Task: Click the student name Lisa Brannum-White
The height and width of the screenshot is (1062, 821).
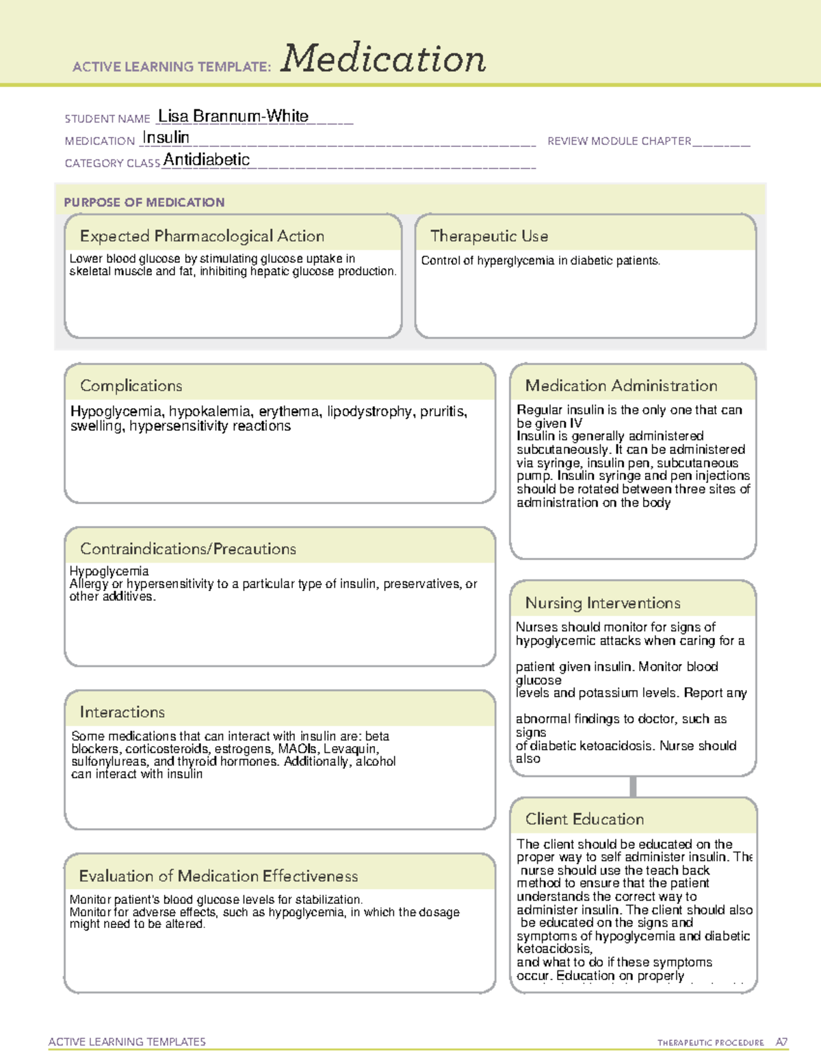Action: coord(233,116)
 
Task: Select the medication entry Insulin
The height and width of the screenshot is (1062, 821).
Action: coord(166,137)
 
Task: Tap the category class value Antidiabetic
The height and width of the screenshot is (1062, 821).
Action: coord(207,160)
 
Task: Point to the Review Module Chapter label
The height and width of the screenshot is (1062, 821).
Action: coord(619,141)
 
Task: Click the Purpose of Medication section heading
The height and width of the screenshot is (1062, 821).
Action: coord(144,202)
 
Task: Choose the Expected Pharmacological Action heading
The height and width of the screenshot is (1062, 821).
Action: coord(202,236)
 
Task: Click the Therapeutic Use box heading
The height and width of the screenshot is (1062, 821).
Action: coord(489,236)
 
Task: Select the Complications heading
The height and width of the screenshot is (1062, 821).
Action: coord(131,386)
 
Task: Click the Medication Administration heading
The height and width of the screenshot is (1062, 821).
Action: coord(621,386)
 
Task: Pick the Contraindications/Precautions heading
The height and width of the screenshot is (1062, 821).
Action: coord(188,549)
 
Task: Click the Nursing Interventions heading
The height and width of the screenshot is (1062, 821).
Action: coord(603,603)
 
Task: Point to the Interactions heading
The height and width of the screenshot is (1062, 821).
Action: coord(122,713)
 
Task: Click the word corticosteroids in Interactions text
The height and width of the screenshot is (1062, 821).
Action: coord(167,749)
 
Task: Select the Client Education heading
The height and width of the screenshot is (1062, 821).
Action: coord(585,819)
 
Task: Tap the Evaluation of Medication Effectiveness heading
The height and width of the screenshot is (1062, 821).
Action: coord(218,876)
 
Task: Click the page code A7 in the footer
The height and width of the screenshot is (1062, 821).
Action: coord(781,1042)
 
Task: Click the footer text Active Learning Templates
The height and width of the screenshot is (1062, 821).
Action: coord(127,1041)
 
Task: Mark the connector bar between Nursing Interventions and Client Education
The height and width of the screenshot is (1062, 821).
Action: coord(633,786)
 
